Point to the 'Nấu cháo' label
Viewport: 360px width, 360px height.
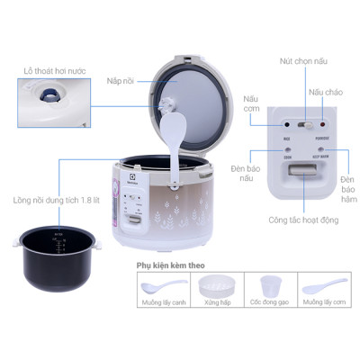click(326, 92)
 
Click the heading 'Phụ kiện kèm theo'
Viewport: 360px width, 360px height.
click(171, 266)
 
